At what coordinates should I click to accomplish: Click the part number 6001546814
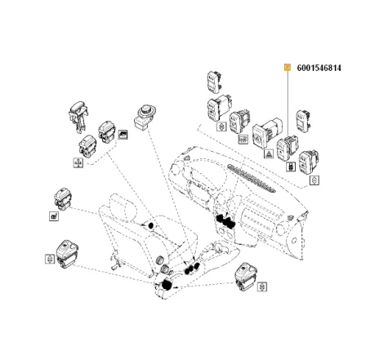[330, 67]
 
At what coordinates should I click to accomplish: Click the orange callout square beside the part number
[287, 67]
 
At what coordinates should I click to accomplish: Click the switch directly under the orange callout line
[288, 147]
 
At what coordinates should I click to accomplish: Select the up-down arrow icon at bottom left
[47, 258]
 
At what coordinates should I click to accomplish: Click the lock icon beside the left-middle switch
[53, 216]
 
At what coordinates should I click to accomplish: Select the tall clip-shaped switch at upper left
[80, 113]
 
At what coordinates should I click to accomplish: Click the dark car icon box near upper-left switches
[123, 136]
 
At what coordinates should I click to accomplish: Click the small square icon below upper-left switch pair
[75, 162]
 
